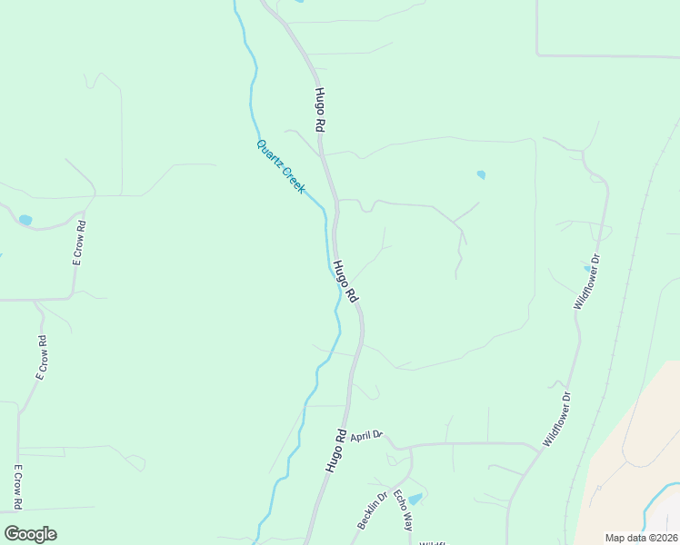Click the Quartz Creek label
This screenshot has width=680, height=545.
pyautogui.click(x=281, y=165)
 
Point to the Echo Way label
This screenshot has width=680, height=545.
pyautogui.click(x=403, y=510)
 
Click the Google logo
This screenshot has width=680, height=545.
pyautogui.click(x=30, y=534)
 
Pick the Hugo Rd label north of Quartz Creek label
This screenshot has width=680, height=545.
pyautogui.click(x=320, y=111)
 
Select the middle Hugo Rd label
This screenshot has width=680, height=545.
pyautogui.click(x=345, y=282)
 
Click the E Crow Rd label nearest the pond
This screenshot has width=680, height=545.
pyautogui.click(x=80, y=243)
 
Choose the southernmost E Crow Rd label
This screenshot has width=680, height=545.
pyautogui.click(x=17, y=487)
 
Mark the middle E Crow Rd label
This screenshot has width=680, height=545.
pyautogui.click(x=41, y=357)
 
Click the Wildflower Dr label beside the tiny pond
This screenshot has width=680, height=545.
pyautogui.click(x=588, y=282)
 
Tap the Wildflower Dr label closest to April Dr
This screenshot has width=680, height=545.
pyautogui.click(x=556, y=419)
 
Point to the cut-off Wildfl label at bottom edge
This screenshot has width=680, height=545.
pyautogui.click(x=434, y=542)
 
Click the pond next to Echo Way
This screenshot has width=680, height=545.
pyautogui.click(x=415, y=499)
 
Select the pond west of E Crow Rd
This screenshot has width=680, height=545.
pyautogui.click(x=25, y=220)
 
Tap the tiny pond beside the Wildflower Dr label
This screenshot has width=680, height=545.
pyautogui.click(x=586, y=268)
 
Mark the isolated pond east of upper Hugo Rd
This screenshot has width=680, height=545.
pyautogui.click(x=481, y=174)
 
